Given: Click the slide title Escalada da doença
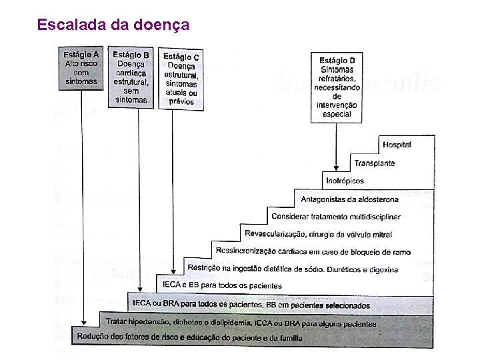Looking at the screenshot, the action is pos(113,25).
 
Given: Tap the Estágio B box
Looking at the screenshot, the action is pos(131,77).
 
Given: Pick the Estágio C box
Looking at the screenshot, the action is pos(181,79).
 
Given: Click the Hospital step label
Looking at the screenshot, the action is pos(397,145).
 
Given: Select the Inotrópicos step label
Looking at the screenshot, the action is pos(345,181).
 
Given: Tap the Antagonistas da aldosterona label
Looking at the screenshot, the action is pos(350,199).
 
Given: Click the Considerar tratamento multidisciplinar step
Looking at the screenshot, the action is pos(335,217).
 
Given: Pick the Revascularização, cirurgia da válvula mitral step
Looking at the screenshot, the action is pos(318,234).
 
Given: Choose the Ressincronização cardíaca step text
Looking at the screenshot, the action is pos(313,252).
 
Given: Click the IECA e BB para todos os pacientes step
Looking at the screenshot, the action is pos(222,285).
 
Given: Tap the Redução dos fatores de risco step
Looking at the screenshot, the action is pos(189,337).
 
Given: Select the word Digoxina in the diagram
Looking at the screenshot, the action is pos(383,269).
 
